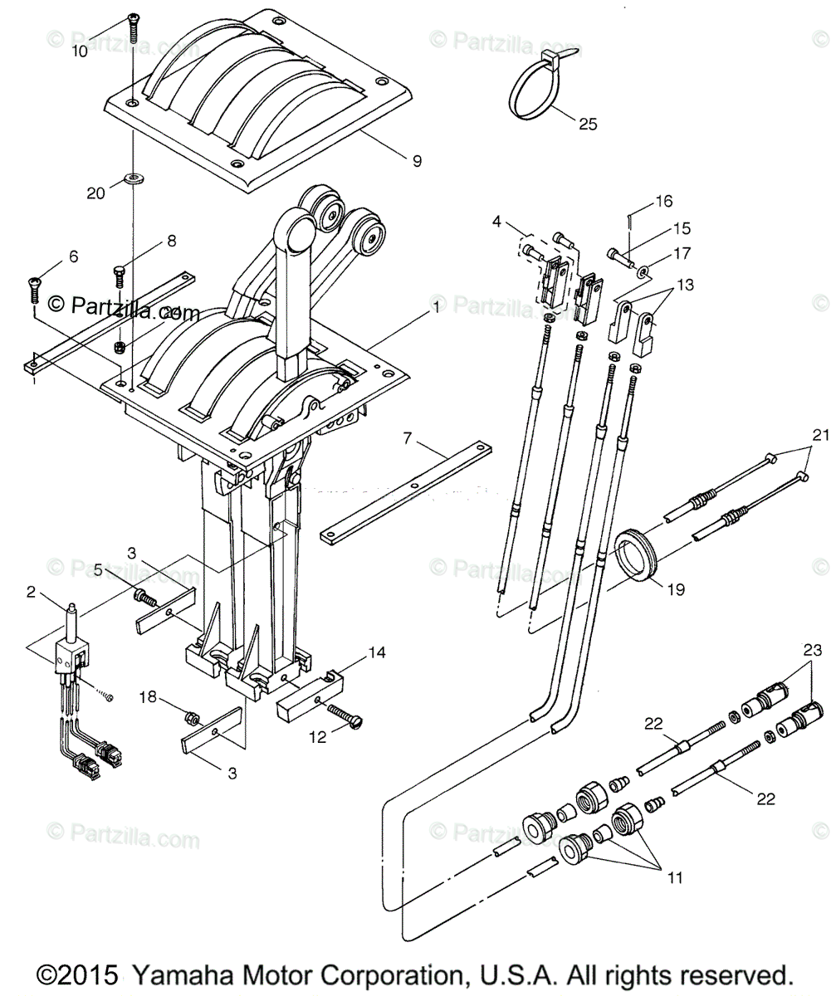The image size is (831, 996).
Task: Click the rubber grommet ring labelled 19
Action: (636, 551)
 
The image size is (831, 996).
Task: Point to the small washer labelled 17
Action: (644, 271)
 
